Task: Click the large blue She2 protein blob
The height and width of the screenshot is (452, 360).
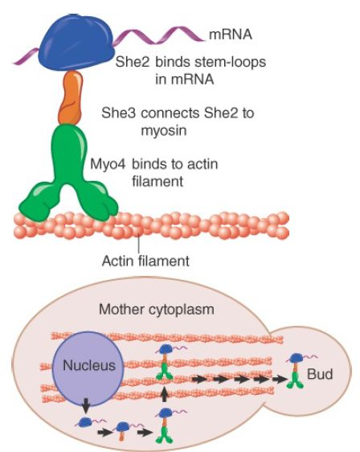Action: pyautogui.click(x=76, y=42)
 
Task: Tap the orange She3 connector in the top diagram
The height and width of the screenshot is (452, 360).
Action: pyautogui.click(x=71, y=97)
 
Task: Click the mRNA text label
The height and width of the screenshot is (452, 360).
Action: pyautogui.click(x=231, y=35)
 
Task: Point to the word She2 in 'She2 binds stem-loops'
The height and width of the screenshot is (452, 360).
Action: pyautogui.click(x=133, y=62)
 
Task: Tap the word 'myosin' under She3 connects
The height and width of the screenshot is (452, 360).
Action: pyautogui.click(x=164, y=131)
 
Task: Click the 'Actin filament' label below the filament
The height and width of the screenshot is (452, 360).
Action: pyautogui.click(x=145, y=261)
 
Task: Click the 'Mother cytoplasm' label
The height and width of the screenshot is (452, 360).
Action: pyautogui.click(x=157, y=310)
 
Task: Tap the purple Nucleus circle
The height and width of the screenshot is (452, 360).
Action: pyautogui.click(x=88, y=369)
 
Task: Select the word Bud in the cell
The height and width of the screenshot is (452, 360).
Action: pyautogui.click(x=320, y=374)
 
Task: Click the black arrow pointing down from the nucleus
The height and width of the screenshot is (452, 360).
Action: pyautogui.click(x=86, y=405)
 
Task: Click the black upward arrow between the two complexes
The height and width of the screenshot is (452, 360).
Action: pyautogui.click(x=164, y=394)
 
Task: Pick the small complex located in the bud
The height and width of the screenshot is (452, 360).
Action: pyautogui.click(x=296, y=370)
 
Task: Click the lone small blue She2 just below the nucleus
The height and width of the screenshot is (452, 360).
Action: pyautogui.click(x=85, y=422)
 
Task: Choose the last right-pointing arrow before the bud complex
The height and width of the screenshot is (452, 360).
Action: pyautogui.click(x=280, y=380)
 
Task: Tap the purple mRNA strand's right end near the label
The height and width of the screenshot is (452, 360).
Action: pyautogui.click(x=204, y=40)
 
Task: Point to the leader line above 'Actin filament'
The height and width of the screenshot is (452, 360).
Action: pyautogui.click(x=139, y=244)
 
